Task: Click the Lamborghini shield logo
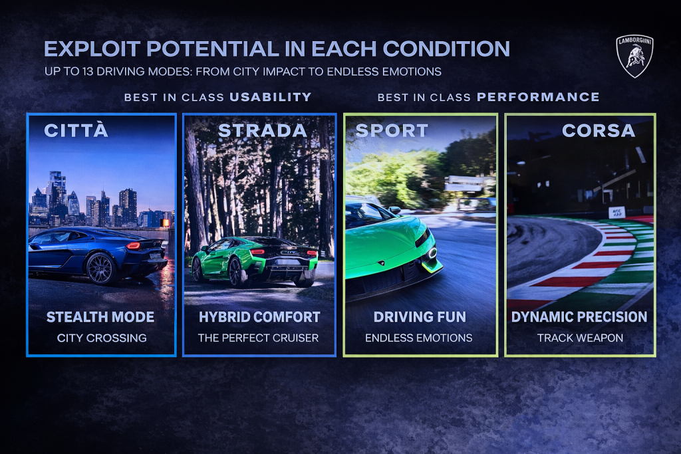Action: [634, 56]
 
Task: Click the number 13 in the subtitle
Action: [88, 71]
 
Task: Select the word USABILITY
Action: [271, 97]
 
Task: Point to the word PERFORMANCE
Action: [538, 97]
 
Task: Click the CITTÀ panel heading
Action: [76, 130]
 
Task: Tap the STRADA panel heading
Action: [262, 131]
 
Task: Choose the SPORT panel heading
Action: [392, 131]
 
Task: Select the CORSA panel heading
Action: [599, 131]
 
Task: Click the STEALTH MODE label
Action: [100, 317]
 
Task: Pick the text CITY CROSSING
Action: [102, 338]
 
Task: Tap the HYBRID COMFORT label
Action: [259, 317]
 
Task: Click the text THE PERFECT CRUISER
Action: [258, 338]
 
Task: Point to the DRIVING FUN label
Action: [420, 317]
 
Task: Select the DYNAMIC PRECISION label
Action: [579, 317]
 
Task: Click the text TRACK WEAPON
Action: [580, 338]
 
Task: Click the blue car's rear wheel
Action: [101, 269]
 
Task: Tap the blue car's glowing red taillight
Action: [133, 246]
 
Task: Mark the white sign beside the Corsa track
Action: [616, 212]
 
